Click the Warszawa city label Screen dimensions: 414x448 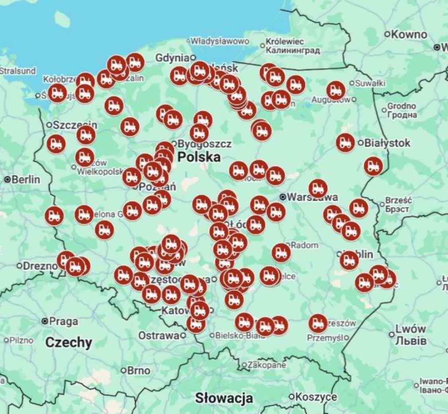point(312,197)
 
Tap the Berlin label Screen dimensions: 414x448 point(25,179)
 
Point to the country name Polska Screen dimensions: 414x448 point(199,157)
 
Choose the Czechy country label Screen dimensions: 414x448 point(68,342)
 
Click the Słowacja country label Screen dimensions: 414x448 point(224,397)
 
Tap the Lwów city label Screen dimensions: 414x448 point(410,329)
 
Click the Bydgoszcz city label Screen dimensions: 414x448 point(205,143)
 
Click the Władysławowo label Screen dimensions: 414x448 point(219,41)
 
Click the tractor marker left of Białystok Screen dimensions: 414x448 point(345,143)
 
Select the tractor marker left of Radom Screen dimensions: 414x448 point(281,253)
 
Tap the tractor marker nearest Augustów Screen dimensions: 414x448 point(336,90)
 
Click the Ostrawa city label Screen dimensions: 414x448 point(159,336)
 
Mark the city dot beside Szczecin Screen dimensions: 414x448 point(49,125)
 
